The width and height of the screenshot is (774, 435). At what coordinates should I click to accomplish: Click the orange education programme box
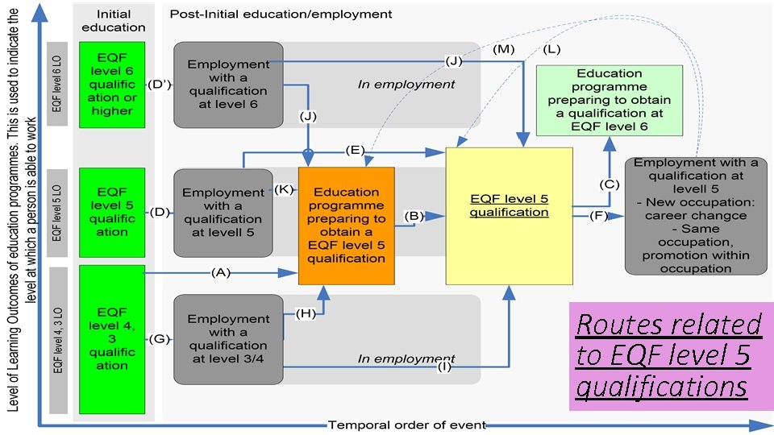[x=347, y=226]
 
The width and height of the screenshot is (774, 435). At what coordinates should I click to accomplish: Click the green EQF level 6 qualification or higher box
[x=112, y=85]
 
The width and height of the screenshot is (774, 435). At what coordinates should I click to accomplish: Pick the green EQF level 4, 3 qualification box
[x=112, y=338]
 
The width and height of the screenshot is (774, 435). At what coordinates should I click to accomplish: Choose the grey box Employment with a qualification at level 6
[x=228, y=85]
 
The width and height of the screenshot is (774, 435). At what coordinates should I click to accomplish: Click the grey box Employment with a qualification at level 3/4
[x=228, y=338]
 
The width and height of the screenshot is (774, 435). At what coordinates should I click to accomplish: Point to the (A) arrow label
[x=220, y=273]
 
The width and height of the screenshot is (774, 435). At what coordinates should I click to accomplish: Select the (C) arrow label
[x=610, y=184]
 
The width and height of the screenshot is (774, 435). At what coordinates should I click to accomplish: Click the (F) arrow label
[x=599, y=216]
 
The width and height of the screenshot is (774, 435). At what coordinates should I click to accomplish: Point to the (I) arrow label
[x=444, y=367]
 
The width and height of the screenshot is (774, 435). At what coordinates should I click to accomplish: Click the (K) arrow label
[x=284, y=189]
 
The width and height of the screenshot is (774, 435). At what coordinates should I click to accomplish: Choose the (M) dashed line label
[x=504, y=49]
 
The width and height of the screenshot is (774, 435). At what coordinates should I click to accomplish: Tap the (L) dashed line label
[x=552, y=49]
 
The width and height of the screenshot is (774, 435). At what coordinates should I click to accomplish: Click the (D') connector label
[x=159, y=85]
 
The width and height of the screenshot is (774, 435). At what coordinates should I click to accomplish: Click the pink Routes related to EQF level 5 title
[x=670, y=355]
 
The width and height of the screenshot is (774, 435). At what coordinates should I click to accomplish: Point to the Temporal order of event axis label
[x=406, y=425]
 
